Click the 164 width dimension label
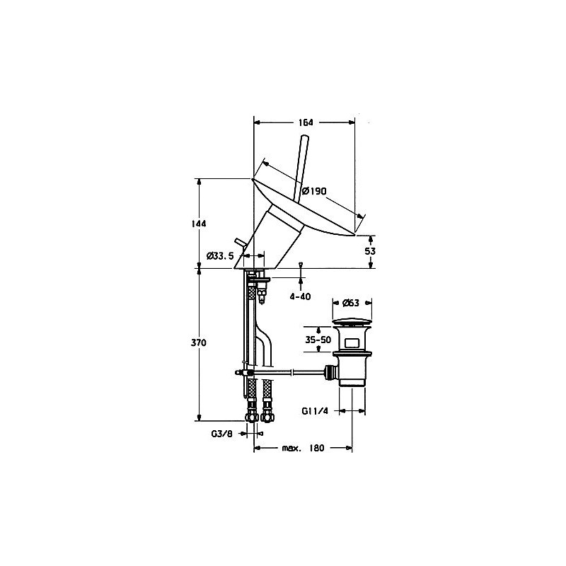(306, 122)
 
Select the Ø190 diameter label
(314, 190)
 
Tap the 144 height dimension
(199, 224)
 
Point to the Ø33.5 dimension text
(220, 256)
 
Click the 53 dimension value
(370, 251)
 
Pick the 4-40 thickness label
(300, 296)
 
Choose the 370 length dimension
(199, 342)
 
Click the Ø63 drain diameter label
(351, 303)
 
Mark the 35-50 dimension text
(318, 340)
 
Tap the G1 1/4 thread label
(315, 411)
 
